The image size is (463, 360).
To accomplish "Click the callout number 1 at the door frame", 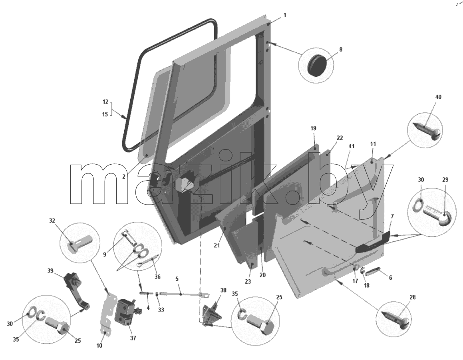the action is (285, 15).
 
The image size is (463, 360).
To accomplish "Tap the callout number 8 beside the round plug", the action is (341, 49).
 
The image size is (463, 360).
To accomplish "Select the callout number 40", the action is (439, 97).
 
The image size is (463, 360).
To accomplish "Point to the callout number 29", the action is (445, 179).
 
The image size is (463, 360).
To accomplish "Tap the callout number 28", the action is (413, 297).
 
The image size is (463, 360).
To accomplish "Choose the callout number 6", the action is (390, 278).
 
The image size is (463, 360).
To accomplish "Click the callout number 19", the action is (313, 128).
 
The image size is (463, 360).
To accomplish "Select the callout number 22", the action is (340, 138).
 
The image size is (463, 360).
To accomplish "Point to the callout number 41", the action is (352, 146).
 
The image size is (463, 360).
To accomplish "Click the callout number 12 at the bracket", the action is (105, 102).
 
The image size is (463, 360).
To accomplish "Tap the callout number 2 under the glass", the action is (124, 177).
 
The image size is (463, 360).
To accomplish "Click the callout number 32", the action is (52, 221).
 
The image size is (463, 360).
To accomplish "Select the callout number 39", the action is (50, 271).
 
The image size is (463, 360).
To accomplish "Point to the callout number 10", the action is (99, 345).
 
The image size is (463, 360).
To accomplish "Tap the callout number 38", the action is (223, 290).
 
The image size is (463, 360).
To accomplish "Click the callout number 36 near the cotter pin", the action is (157, 277).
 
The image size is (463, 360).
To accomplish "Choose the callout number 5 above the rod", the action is (177, 279).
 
